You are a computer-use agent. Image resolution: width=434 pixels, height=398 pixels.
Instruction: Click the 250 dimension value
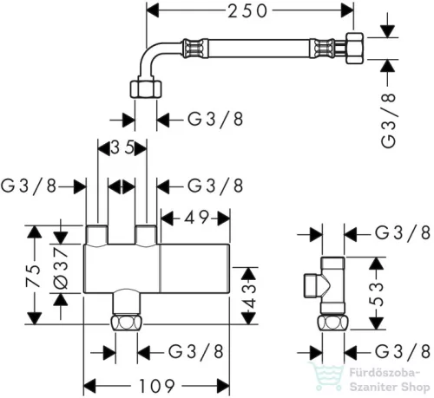(x=247, y=12)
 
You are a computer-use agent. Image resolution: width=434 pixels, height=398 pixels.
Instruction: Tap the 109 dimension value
(x=157, y=386)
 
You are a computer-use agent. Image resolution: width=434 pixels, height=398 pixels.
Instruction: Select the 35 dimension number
(x=122, y=148)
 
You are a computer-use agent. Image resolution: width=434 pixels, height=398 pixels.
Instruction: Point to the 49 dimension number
(x=196, y=218)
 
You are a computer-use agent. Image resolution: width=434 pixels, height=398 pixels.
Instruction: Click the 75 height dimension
(x=33, y=275)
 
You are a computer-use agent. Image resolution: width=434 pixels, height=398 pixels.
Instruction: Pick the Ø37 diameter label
(x=61, y=268)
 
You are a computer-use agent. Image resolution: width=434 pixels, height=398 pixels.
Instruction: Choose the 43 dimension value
(x=248, y=296)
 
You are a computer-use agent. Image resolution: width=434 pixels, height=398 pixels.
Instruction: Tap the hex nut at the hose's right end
(x=354, y=49)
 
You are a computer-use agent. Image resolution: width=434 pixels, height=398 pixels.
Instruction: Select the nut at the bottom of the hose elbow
(x=146, y=89)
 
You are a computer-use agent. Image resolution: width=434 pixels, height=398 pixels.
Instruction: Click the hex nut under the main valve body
(x=127, y=323)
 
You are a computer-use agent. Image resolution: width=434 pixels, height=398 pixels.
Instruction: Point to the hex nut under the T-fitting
(x=333, y=323)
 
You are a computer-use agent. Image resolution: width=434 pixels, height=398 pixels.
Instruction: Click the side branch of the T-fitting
(x=314, y=285)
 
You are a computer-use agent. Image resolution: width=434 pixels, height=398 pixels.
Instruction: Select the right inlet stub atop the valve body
(x=146, y=236)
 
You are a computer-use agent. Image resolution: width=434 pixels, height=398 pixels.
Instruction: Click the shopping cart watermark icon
(x=327, y=376)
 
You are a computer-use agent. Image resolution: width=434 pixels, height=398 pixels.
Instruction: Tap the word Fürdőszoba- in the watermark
(x=385, y=373)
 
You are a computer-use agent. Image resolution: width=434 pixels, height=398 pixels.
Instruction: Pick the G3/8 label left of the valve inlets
(x=29, y=186)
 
